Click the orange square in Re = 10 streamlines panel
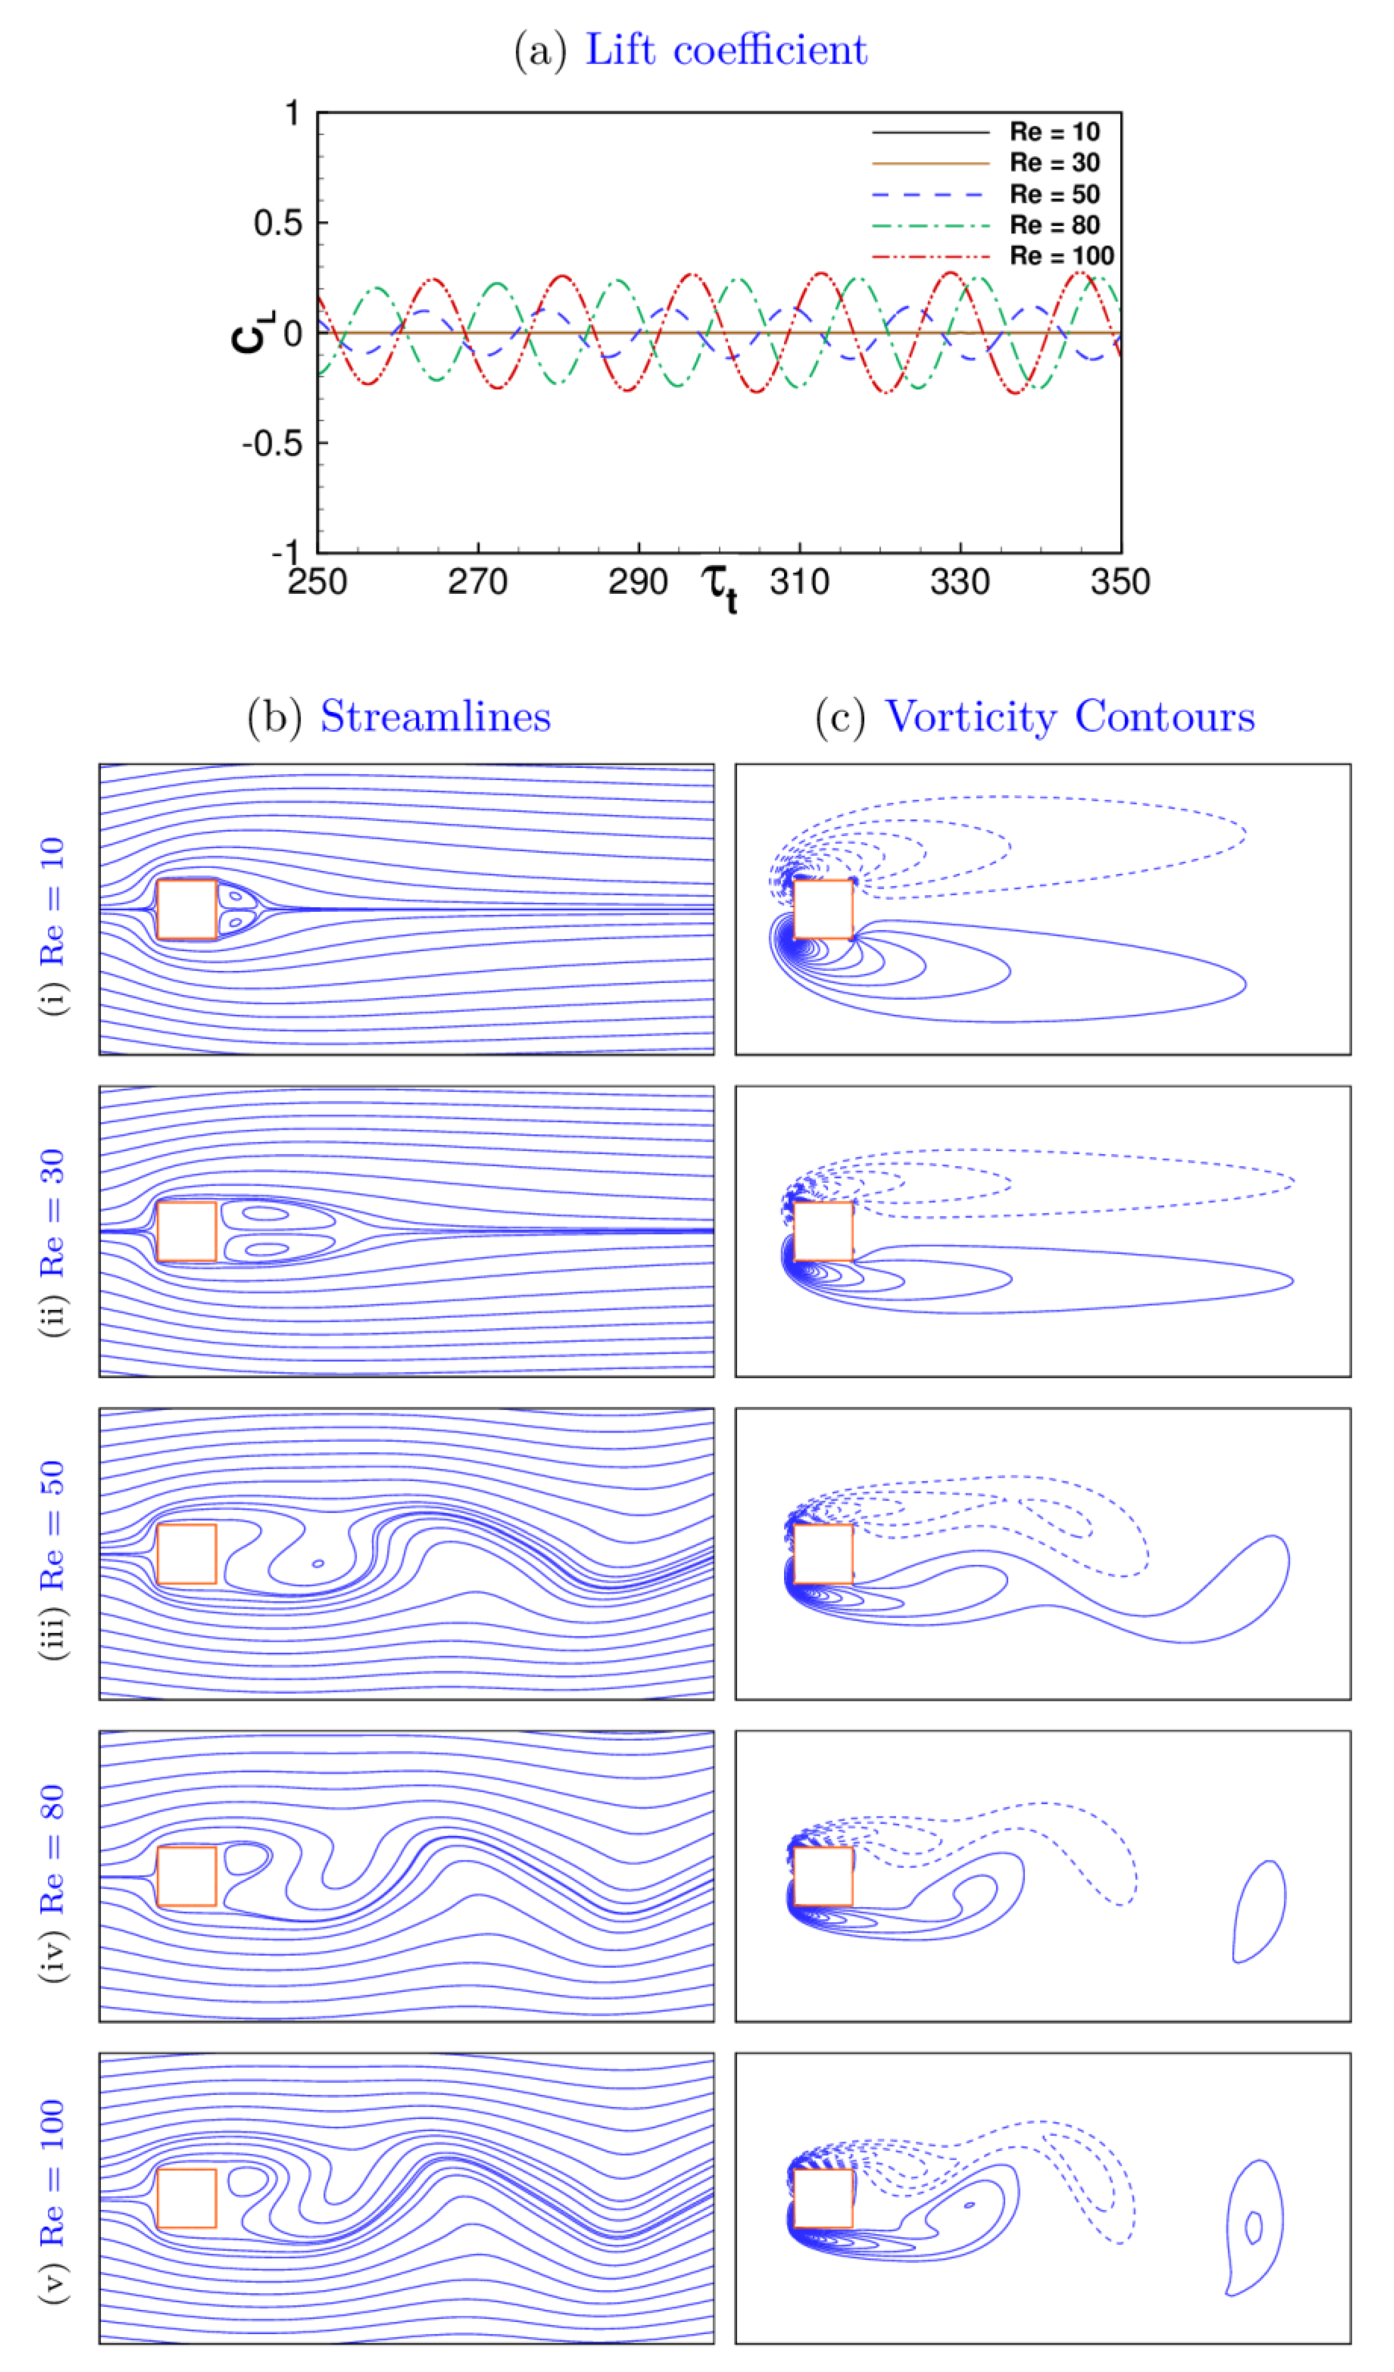(186, 909)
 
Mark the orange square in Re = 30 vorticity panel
(823, 1231)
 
